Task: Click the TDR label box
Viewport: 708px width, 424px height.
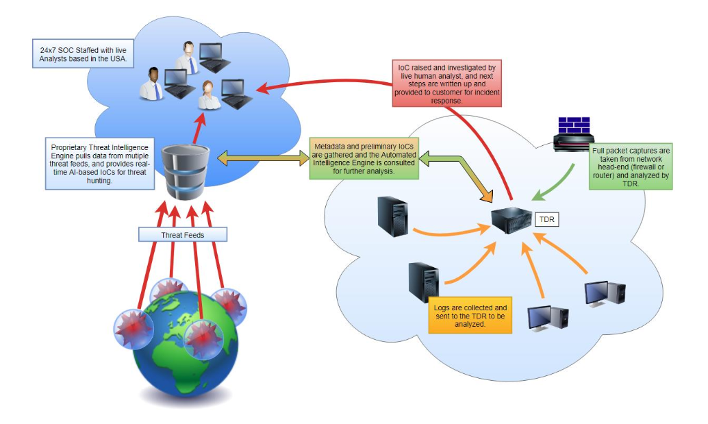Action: tap(547, 220)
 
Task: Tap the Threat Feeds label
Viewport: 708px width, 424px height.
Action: tap(181, 235)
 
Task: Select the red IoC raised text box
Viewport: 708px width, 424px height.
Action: tap(447, 84)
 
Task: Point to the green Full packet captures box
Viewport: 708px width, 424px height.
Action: tap(631, 166)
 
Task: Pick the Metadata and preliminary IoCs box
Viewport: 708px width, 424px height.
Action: tap(364, 159)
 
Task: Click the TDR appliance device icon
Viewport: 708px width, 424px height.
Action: tap(513, 220)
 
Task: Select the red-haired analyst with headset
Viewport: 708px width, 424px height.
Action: tap(208, 95)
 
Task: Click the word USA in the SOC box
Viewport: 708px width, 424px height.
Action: tap(121, 60)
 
